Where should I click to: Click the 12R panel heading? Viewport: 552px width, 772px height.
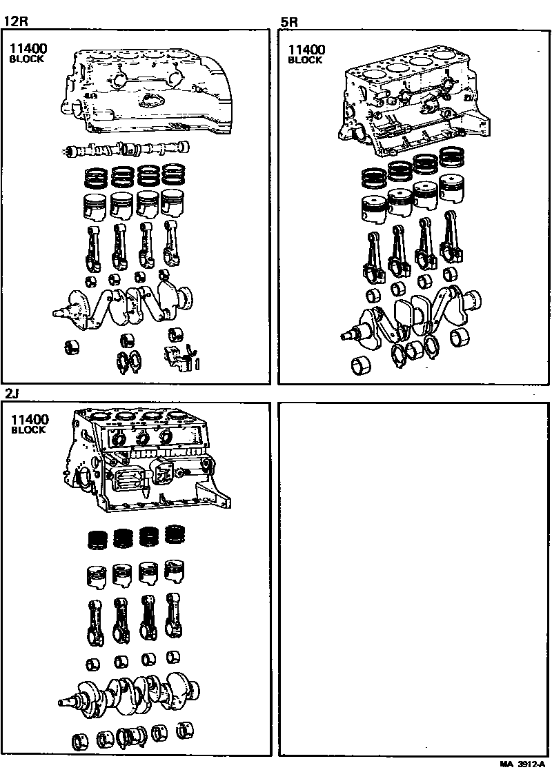[14, 21]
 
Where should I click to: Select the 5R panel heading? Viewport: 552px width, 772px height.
[289, 21]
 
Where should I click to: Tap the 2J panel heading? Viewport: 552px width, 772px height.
[12, 394]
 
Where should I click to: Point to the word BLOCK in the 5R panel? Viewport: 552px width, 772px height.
[305, 60]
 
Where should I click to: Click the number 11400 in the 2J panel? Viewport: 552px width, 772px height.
[28, 418]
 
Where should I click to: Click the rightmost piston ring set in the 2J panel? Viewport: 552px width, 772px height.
[175, 535]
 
